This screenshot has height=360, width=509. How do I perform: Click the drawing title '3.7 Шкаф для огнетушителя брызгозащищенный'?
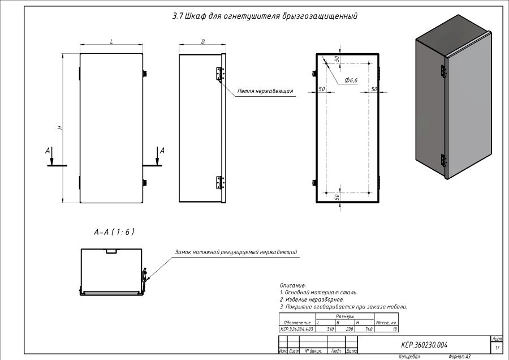point(265,16)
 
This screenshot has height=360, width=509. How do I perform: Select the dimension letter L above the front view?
point(111,41)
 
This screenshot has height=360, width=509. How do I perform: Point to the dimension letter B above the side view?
point(202,41)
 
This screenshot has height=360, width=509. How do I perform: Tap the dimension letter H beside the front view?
point(59,128)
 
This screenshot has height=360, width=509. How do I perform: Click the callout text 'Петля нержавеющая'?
point(265,91)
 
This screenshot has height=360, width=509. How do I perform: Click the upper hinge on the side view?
point(220,74)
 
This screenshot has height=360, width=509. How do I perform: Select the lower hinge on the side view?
point(220,182)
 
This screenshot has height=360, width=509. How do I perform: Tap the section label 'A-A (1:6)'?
point(114,232)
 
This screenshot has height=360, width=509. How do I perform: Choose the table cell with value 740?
point(368,328)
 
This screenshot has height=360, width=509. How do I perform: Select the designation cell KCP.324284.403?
point(297,328)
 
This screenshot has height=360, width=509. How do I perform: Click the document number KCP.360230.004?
point(424,344)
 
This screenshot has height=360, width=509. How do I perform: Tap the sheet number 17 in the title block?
point(497,348)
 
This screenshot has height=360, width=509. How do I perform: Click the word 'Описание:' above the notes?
point(292,285)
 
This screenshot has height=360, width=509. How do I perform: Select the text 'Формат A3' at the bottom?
point(459,357)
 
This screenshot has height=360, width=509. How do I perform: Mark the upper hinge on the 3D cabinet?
point(443,71)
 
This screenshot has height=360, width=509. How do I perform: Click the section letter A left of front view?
point(48,151)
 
